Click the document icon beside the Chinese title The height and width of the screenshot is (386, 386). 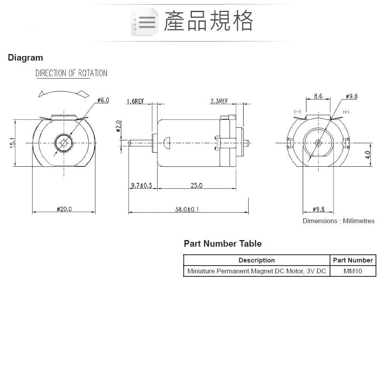click(144, 22)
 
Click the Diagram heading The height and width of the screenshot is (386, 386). click(25, 58)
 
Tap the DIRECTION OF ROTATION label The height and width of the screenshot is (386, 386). click(71, 73)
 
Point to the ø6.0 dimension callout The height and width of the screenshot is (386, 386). click(103, 100)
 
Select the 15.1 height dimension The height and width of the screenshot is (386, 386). click(12, 143)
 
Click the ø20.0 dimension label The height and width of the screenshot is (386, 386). click(64, 209)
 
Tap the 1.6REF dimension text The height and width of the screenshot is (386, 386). click(135, 101)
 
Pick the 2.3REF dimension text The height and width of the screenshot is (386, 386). click(219, 101)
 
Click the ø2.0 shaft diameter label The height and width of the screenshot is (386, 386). click(119, 126)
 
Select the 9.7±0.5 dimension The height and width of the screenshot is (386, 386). click(142, 186)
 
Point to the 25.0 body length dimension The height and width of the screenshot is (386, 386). click(196, 186)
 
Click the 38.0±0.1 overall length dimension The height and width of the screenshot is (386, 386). click(188, 209)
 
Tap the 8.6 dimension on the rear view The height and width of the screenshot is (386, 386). click(318, 96)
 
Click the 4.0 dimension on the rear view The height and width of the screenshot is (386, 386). click(367, 155)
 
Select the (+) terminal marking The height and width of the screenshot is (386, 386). click(346, 112)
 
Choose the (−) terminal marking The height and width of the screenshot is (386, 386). click(297, 112)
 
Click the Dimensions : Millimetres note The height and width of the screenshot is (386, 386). click(338, 221)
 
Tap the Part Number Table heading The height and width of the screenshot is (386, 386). click(223, 244)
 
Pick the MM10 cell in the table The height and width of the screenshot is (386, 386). click(352, 271)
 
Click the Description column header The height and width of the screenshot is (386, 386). click(256, 260)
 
